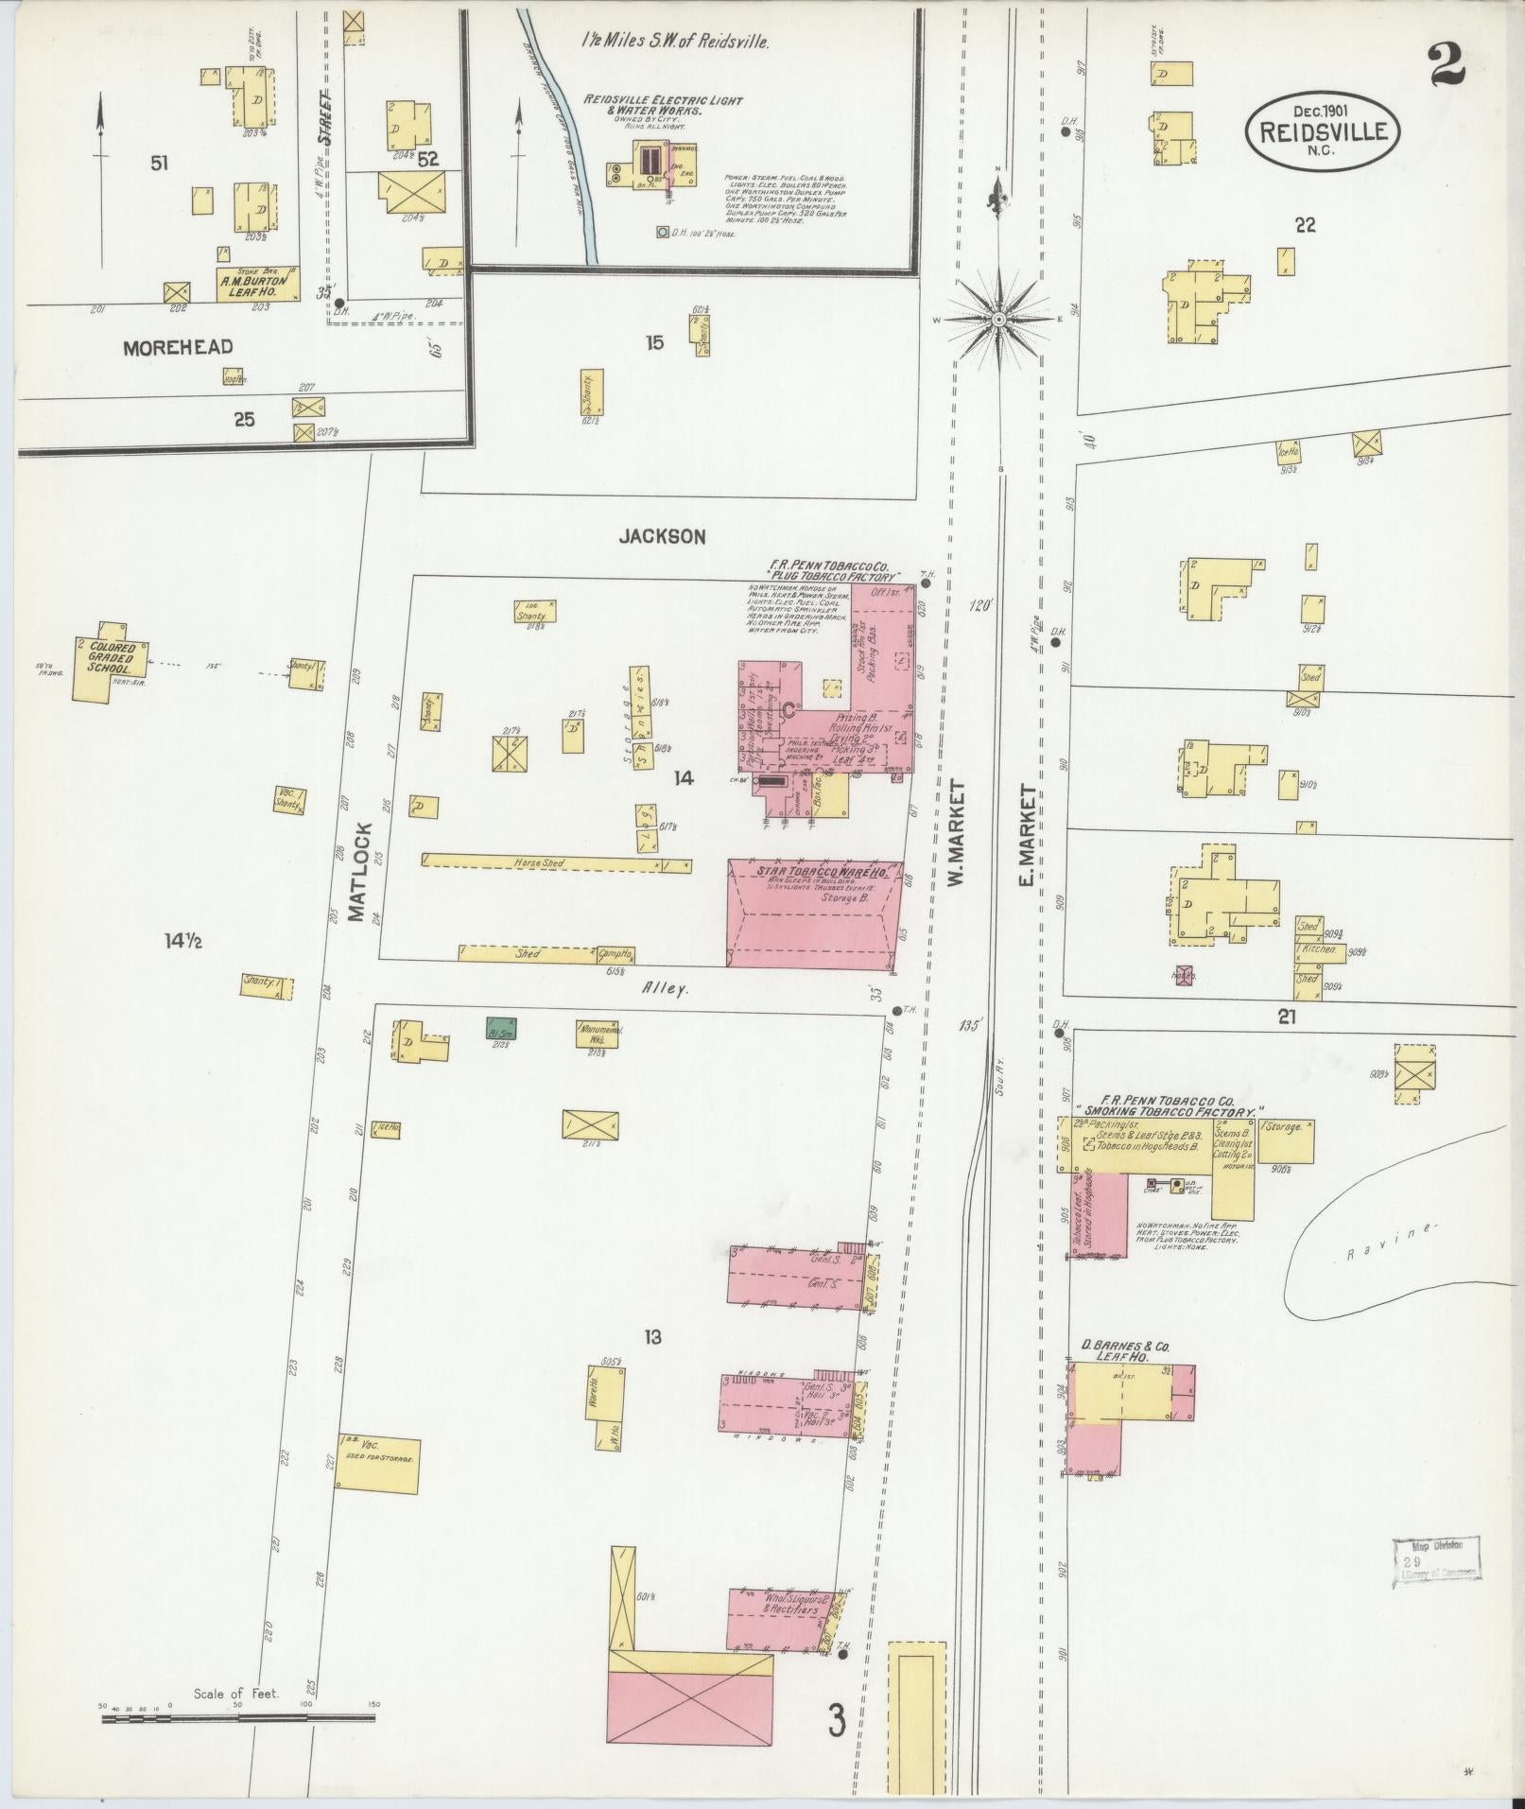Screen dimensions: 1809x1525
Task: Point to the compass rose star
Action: pyautogui.click(x=998, y=321)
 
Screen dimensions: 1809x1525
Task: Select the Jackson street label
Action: pyautogui.click(x=662, y=537)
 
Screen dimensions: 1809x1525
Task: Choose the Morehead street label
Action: pyautogui.click(x=178, y=347)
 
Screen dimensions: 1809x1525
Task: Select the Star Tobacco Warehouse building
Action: pyautogui.click(x=813, y=913)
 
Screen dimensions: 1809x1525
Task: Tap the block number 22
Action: pyautogui.click(x=1305, y=225)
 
